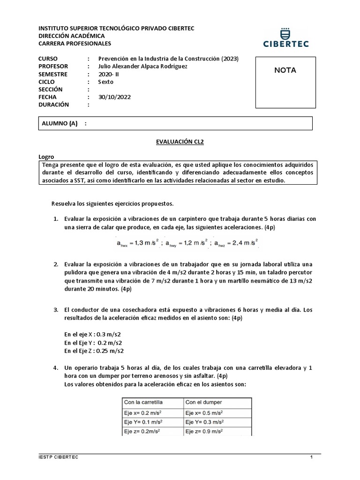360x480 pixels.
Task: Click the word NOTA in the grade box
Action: coord(285,70)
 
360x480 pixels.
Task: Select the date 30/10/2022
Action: coord(114,97)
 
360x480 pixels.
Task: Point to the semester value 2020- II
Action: coord(110,74)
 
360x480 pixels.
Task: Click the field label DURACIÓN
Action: coord(53,105)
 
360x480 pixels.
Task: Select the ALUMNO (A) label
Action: coord(60,123)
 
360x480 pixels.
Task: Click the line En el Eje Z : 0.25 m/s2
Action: coord(94,351)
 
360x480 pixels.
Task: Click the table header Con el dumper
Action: coord(203,402)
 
